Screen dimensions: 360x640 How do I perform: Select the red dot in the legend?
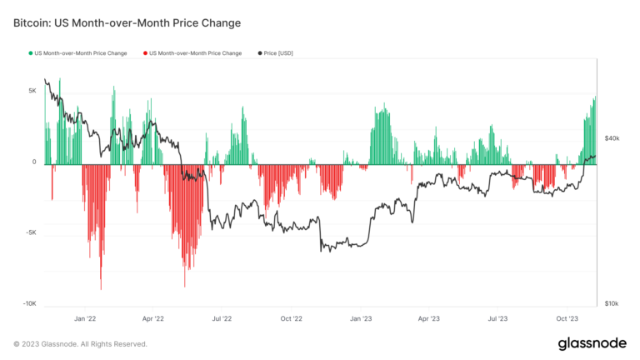point(144,53)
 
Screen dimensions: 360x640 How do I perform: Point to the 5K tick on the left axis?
point(31,91)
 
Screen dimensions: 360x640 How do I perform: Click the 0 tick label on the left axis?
point(34,162)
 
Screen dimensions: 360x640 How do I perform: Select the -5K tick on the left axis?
point(29,233)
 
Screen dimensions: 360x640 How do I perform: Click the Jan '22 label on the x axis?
point(85,318)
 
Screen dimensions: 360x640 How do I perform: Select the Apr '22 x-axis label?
point(153,318)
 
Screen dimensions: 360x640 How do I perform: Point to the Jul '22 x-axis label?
point(222,318)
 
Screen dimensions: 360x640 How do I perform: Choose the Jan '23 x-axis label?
point(360,318)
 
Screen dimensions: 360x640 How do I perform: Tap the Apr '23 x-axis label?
point(428,318)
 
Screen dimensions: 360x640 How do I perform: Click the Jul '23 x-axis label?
point(497,318)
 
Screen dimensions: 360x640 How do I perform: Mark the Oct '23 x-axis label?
point(567,318)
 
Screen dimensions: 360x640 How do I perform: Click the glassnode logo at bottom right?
point(588,343)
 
